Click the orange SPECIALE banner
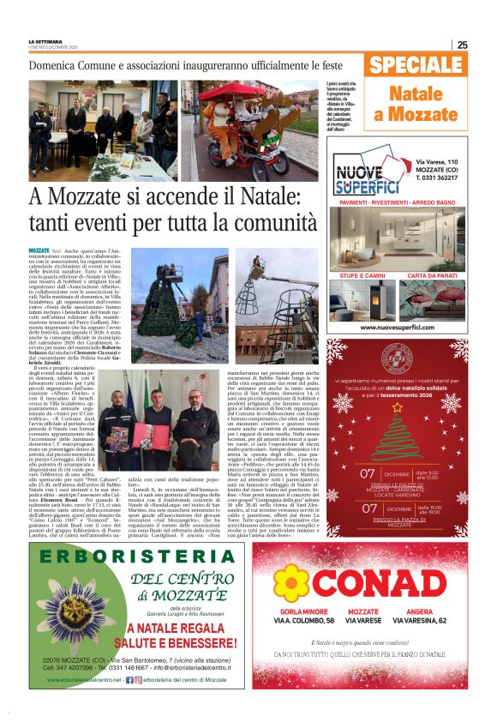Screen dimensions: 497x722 tap(415, 66)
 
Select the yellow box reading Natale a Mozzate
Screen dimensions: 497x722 tap(416, 104)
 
